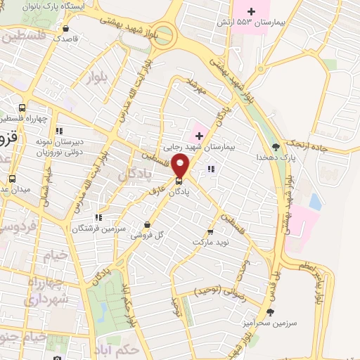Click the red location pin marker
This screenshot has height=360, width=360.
click(x=181, y=166)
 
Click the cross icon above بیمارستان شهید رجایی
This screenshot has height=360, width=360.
click(x=199, y=134)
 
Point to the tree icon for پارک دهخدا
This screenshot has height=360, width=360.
click(x=276, y=146)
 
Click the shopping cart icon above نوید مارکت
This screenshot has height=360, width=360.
click(x=210, y=231)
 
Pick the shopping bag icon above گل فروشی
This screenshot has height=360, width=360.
click(x=146, y=225)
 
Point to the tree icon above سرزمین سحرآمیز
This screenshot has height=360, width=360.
click(x=271, y=311)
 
